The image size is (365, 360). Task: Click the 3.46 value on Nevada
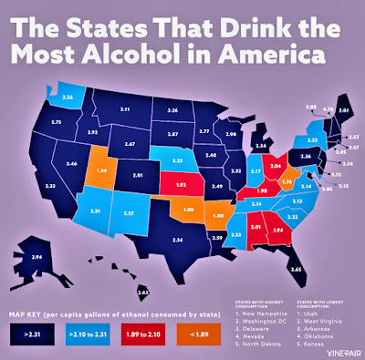[47, 165]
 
